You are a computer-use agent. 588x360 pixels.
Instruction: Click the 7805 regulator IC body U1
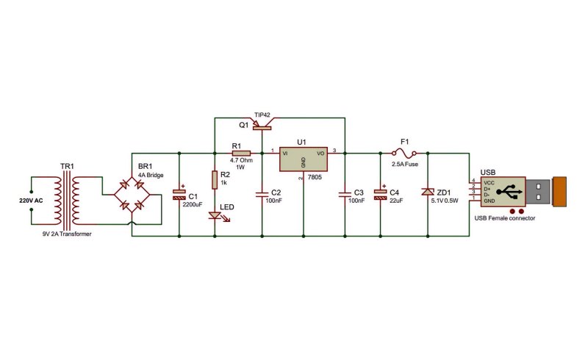point(304,159)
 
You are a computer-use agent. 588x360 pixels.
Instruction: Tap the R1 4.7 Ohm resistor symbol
point(241,153)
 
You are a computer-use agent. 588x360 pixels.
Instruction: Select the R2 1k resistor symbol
point(215,179)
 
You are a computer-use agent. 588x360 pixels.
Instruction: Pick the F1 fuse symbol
point(404,153)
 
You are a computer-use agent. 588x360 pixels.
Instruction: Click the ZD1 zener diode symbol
point(428,192)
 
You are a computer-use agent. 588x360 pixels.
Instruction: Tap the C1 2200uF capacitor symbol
point(179,193)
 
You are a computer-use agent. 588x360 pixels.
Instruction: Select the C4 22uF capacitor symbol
point(380,193)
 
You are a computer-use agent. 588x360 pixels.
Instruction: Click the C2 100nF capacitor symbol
point(262,194)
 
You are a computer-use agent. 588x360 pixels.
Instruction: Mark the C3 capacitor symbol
point(345,194)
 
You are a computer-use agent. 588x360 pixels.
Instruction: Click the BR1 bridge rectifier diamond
point(132,194)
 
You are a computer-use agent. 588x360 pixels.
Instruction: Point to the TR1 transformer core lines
point(66,201)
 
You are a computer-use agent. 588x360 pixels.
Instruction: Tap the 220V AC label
point(31,201)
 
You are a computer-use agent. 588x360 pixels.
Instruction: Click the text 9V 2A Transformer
point(67,234)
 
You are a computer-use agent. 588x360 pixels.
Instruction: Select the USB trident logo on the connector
point(509,191)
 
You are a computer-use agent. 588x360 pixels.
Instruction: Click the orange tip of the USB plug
point(559,192)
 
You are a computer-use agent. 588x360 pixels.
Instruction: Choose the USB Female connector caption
point(505,218)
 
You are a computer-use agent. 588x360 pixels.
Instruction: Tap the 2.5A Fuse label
point(405,164)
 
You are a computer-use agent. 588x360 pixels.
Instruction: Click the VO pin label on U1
point(320,154)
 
